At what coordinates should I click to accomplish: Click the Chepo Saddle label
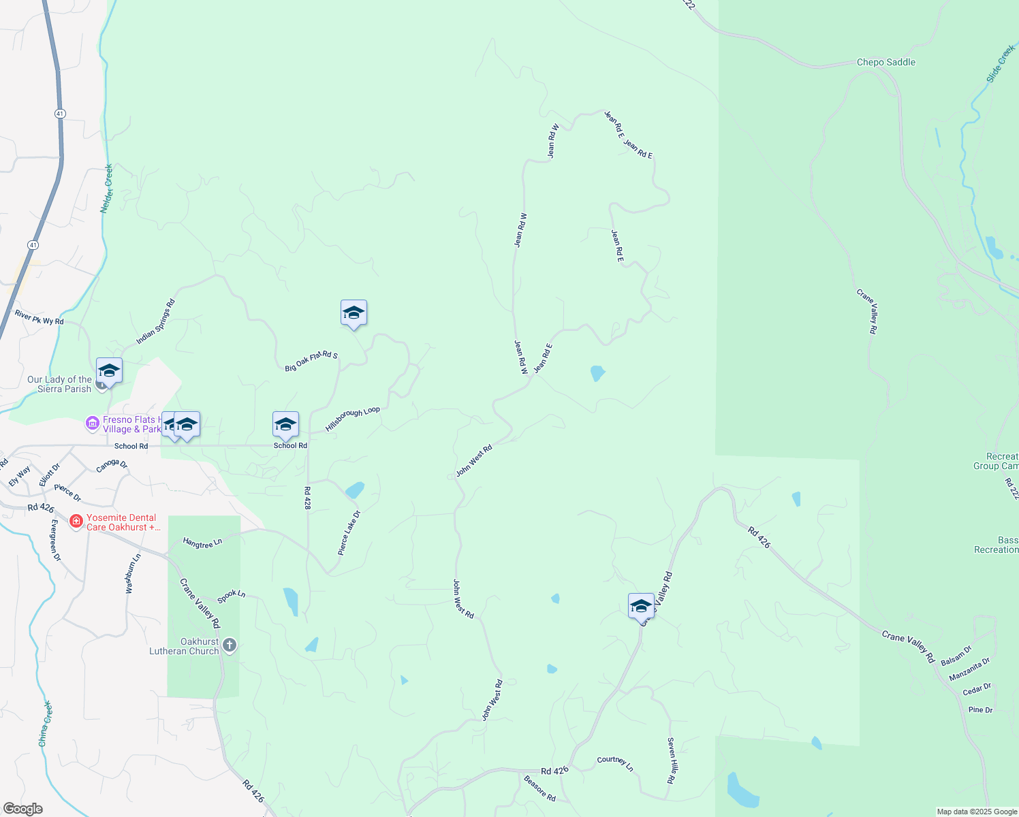pyautogui.click(x=885, y=62)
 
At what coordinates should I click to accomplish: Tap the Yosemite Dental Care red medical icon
pyautogui.click(x=76, y=522)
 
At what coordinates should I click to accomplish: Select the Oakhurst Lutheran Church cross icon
pyautogui.click(x=230, y=645)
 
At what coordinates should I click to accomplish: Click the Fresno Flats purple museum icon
pyautogui.click(x=92, y=423)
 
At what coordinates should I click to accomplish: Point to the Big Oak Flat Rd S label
pyautogui.click(x=311, y=361)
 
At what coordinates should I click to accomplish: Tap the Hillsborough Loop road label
pyautogui.click(x=352, y=419)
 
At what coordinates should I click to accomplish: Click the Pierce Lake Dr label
pyautogui.click(x=350, y=532)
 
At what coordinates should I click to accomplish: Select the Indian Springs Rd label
pyautogui.click(x=155, y=321)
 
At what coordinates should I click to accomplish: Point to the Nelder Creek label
pyautogui.click(x=107, y=188)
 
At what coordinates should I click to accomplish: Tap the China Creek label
pyautogui.click(x=45, y=723)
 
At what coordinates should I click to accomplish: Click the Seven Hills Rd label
pyautogui.click(x=671, y=760)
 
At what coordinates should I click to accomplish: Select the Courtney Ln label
pyautogui.click(x=615, y=763)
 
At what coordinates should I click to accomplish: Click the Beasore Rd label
pyautogui.click(x=539, y=788)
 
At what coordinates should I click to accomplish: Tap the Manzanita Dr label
pyautogui.click(x=969, y=669)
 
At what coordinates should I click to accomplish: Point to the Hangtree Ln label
pyautogui.click(x=202, y=543)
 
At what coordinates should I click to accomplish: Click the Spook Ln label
pyautogui.click(x=231, y=596)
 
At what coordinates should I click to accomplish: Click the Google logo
pyautogui.click(x=22, y=809)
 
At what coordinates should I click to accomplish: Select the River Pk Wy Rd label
pyautogui.click(x=39, y=317)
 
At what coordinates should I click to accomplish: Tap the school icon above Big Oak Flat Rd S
pyautogui.click(x=354, y=313)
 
